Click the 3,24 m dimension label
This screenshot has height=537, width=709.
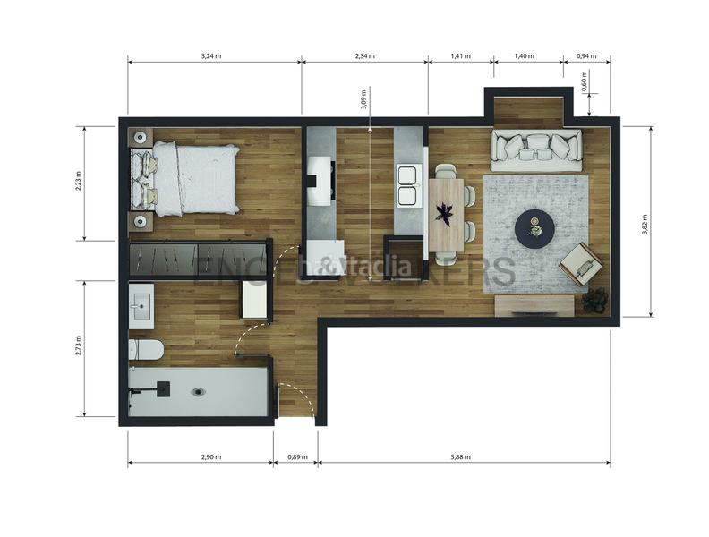(x=213, y=56)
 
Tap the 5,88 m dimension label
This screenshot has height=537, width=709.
(x=462, y=457)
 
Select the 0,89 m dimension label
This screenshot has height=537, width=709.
(x=295, y=457)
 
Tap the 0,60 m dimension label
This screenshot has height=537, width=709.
(x=584, y=82)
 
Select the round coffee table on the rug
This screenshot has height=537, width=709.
(x=534, y=229)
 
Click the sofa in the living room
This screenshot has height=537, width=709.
(x=536, y=149)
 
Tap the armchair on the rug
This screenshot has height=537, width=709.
(x=581, y=264)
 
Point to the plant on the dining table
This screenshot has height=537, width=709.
(x=445, y=213)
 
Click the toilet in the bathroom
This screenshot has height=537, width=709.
(x=143, y=348)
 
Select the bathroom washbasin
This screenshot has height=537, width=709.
(x=141, y=307)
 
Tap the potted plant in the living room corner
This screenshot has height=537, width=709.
(x=594, y=300)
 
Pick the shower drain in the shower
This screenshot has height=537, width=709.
(x=199, y=391)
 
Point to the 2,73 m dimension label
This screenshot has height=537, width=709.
(x=78, y=347)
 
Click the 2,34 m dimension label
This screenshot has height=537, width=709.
(x=364, y=56)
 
